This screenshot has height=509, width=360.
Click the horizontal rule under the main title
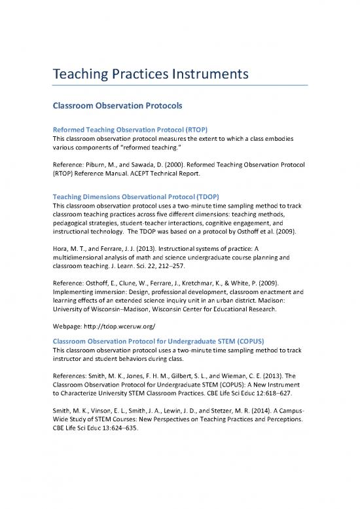(x=179, y=85)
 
